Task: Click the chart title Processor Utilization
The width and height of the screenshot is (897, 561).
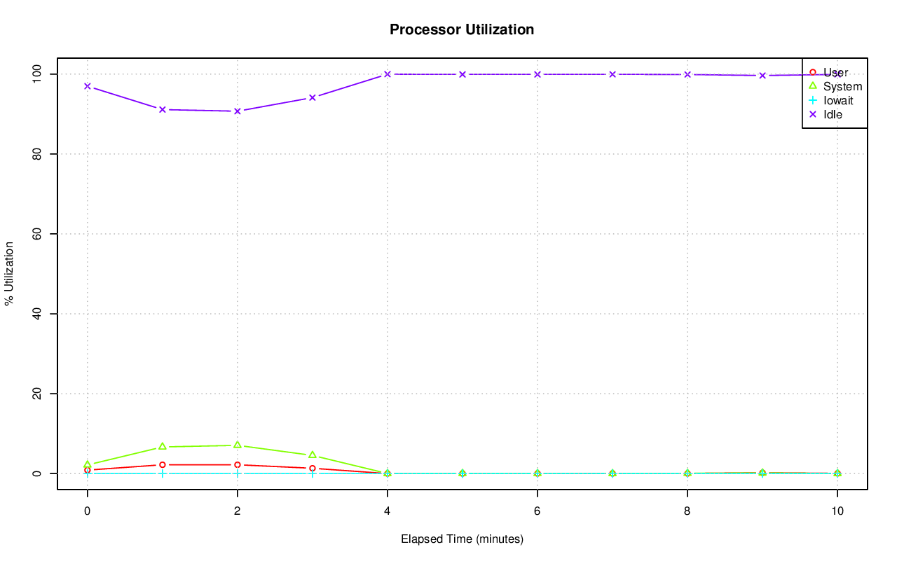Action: pos(462,29)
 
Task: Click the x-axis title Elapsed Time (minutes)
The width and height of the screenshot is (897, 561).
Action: pos(462,539)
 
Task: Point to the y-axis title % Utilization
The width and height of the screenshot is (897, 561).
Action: pos(9,273)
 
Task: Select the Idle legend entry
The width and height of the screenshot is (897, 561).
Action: pos(833,114)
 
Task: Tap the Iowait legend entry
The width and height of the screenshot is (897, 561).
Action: pos(838,100)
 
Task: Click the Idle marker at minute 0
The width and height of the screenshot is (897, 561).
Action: pos(87,86)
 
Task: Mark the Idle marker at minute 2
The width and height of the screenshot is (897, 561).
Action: pos(238,111)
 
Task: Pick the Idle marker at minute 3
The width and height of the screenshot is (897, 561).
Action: pos(313,97)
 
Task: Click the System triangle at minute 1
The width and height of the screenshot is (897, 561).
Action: pos(162,446)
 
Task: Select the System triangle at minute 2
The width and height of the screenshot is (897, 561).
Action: pos(238,445)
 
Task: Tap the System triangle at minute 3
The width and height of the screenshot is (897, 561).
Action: pos(313,455)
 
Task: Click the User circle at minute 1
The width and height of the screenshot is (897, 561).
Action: pos(162,464)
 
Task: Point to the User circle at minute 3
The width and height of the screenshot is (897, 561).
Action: pos(313,468)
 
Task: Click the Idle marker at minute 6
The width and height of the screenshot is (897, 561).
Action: pos(537,74)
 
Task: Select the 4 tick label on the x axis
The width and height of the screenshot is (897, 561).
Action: pos(388,511)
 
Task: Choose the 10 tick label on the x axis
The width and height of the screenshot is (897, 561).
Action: pos(837,511)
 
